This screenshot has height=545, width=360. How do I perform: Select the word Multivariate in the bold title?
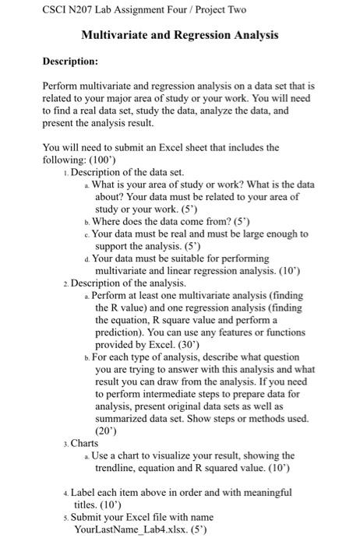tap(119, 35)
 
